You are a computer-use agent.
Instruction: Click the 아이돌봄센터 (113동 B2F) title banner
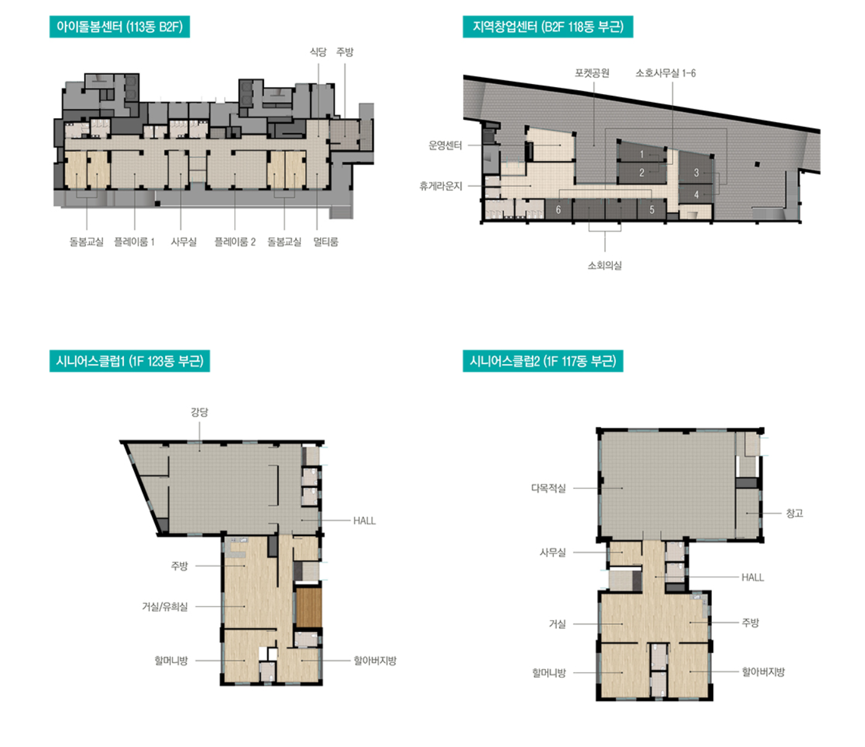120,27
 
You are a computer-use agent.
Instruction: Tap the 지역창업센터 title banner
548,27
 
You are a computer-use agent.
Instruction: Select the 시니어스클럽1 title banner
130,361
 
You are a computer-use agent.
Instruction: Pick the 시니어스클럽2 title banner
543,361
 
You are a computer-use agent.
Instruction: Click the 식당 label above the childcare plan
318,52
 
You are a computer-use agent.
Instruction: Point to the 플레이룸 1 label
135,242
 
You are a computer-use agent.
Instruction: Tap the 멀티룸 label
326,242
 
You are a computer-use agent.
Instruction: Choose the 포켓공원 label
592,73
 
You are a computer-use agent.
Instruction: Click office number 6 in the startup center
558,210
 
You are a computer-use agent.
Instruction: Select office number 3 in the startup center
696,172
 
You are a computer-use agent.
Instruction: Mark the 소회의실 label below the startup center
605,266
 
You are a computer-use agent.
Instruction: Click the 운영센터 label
445,146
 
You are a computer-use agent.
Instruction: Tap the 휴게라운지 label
441,186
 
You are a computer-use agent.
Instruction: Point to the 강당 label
199,412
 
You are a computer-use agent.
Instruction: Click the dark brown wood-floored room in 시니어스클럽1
309,608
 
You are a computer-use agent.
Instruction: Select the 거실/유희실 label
165,607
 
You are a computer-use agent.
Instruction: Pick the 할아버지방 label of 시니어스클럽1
375,661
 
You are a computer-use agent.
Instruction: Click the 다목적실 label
549,488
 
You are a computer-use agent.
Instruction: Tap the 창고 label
795,513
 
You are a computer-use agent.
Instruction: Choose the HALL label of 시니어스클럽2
753,578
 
